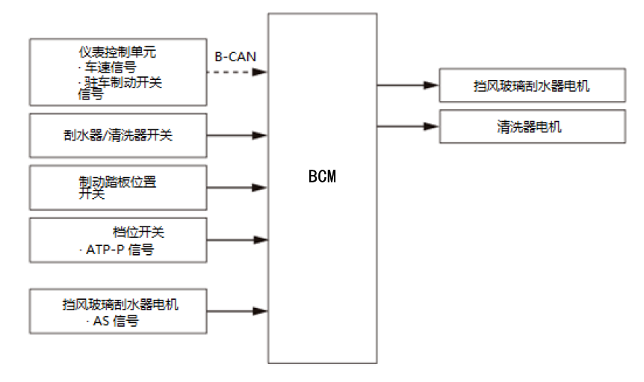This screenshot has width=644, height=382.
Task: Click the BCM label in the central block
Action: (322, 177)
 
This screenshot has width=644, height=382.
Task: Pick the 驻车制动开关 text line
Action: (120, 81)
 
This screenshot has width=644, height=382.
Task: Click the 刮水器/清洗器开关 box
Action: (118, 135)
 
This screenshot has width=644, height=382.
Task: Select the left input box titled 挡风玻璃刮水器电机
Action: (118, 312)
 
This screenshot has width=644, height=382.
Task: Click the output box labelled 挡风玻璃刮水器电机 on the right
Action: (530, 85)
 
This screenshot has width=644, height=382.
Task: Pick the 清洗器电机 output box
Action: (530, 126)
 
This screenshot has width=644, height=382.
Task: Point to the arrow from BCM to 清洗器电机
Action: (408, 126)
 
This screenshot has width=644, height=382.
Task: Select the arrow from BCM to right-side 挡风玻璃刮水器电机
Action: (408, 85)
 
